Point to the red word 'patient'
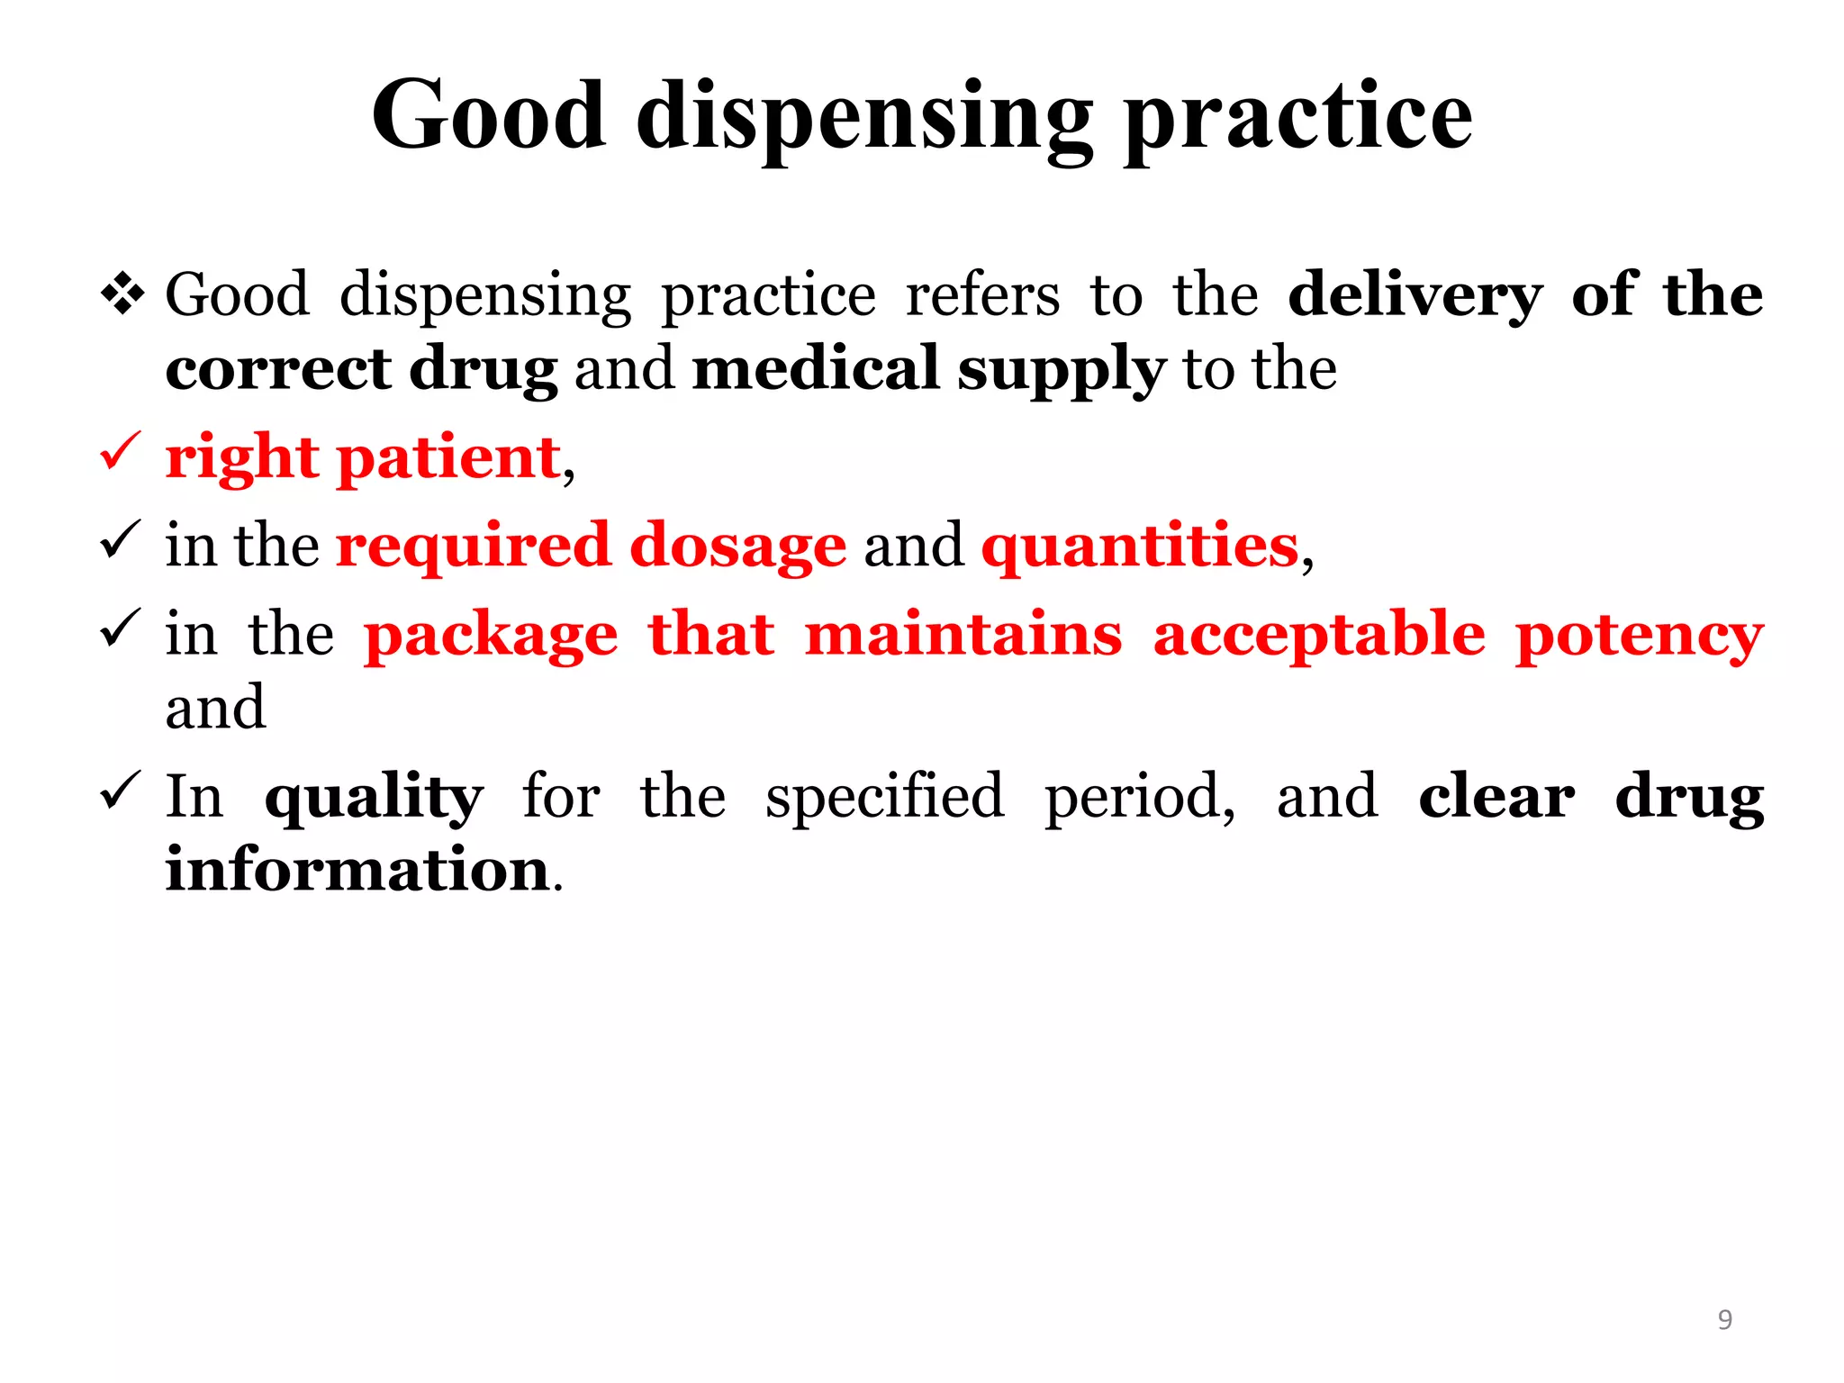pos(448,458)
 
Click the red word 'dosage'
pos(737,547)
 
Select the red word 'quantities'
pos(1140,547)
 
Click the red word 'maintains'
pos(963,634)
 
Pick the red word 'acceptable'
pos(1319,636)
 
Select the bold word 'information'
pos(357,870)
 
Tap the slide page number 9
pos(1724,1319)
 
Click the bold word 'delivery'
pos(1415,296)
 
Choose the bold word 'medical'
pos(816,369)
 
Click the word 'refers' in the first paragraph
pos(982,295)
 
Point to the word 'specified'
pos(884,798)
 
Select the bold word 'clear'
pos(1496,797)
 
